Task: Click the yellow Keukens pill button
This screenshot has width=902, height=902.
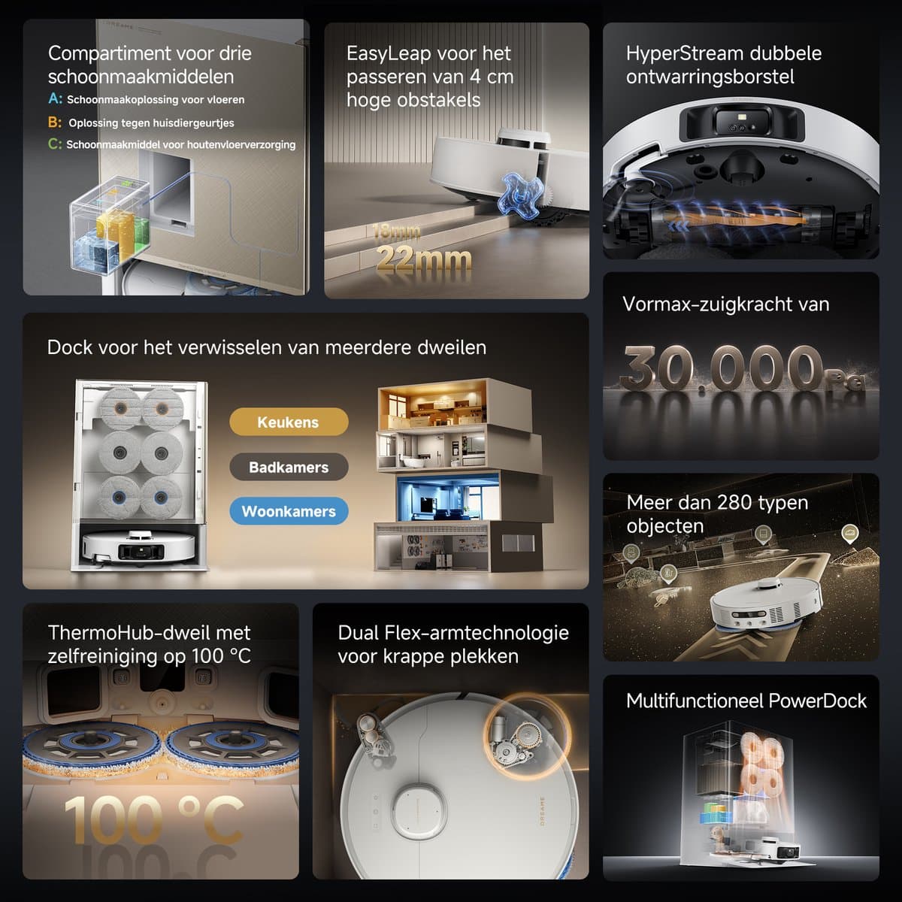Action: point(289,422)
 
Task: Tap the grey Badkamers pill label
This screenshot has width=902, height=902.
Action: point(289,467)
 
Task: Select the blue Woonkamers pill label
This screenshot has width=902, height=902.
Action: point(289,510)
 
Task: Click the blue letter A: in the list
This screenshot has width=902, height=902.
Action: point(55,98)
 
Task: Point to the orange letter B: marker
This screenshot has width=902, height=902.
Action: point(55,123)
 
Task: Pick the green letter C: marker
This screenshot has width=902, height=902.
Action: point(55,144)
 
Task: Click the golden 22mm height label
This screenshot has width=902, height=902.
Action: point(424,259)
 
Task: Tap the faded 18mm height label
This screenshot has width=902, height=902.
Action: point(396,232)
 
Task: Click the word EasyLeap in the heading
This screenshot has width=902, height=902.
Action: point(389,54)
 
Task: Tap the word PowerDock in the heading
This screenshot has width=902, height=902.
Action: point(817,701)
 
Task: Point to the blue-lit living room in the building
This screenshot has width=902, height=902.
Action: point(448,497)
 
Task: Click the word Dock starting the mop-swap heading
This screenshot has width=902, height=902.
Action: point(69,347)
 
